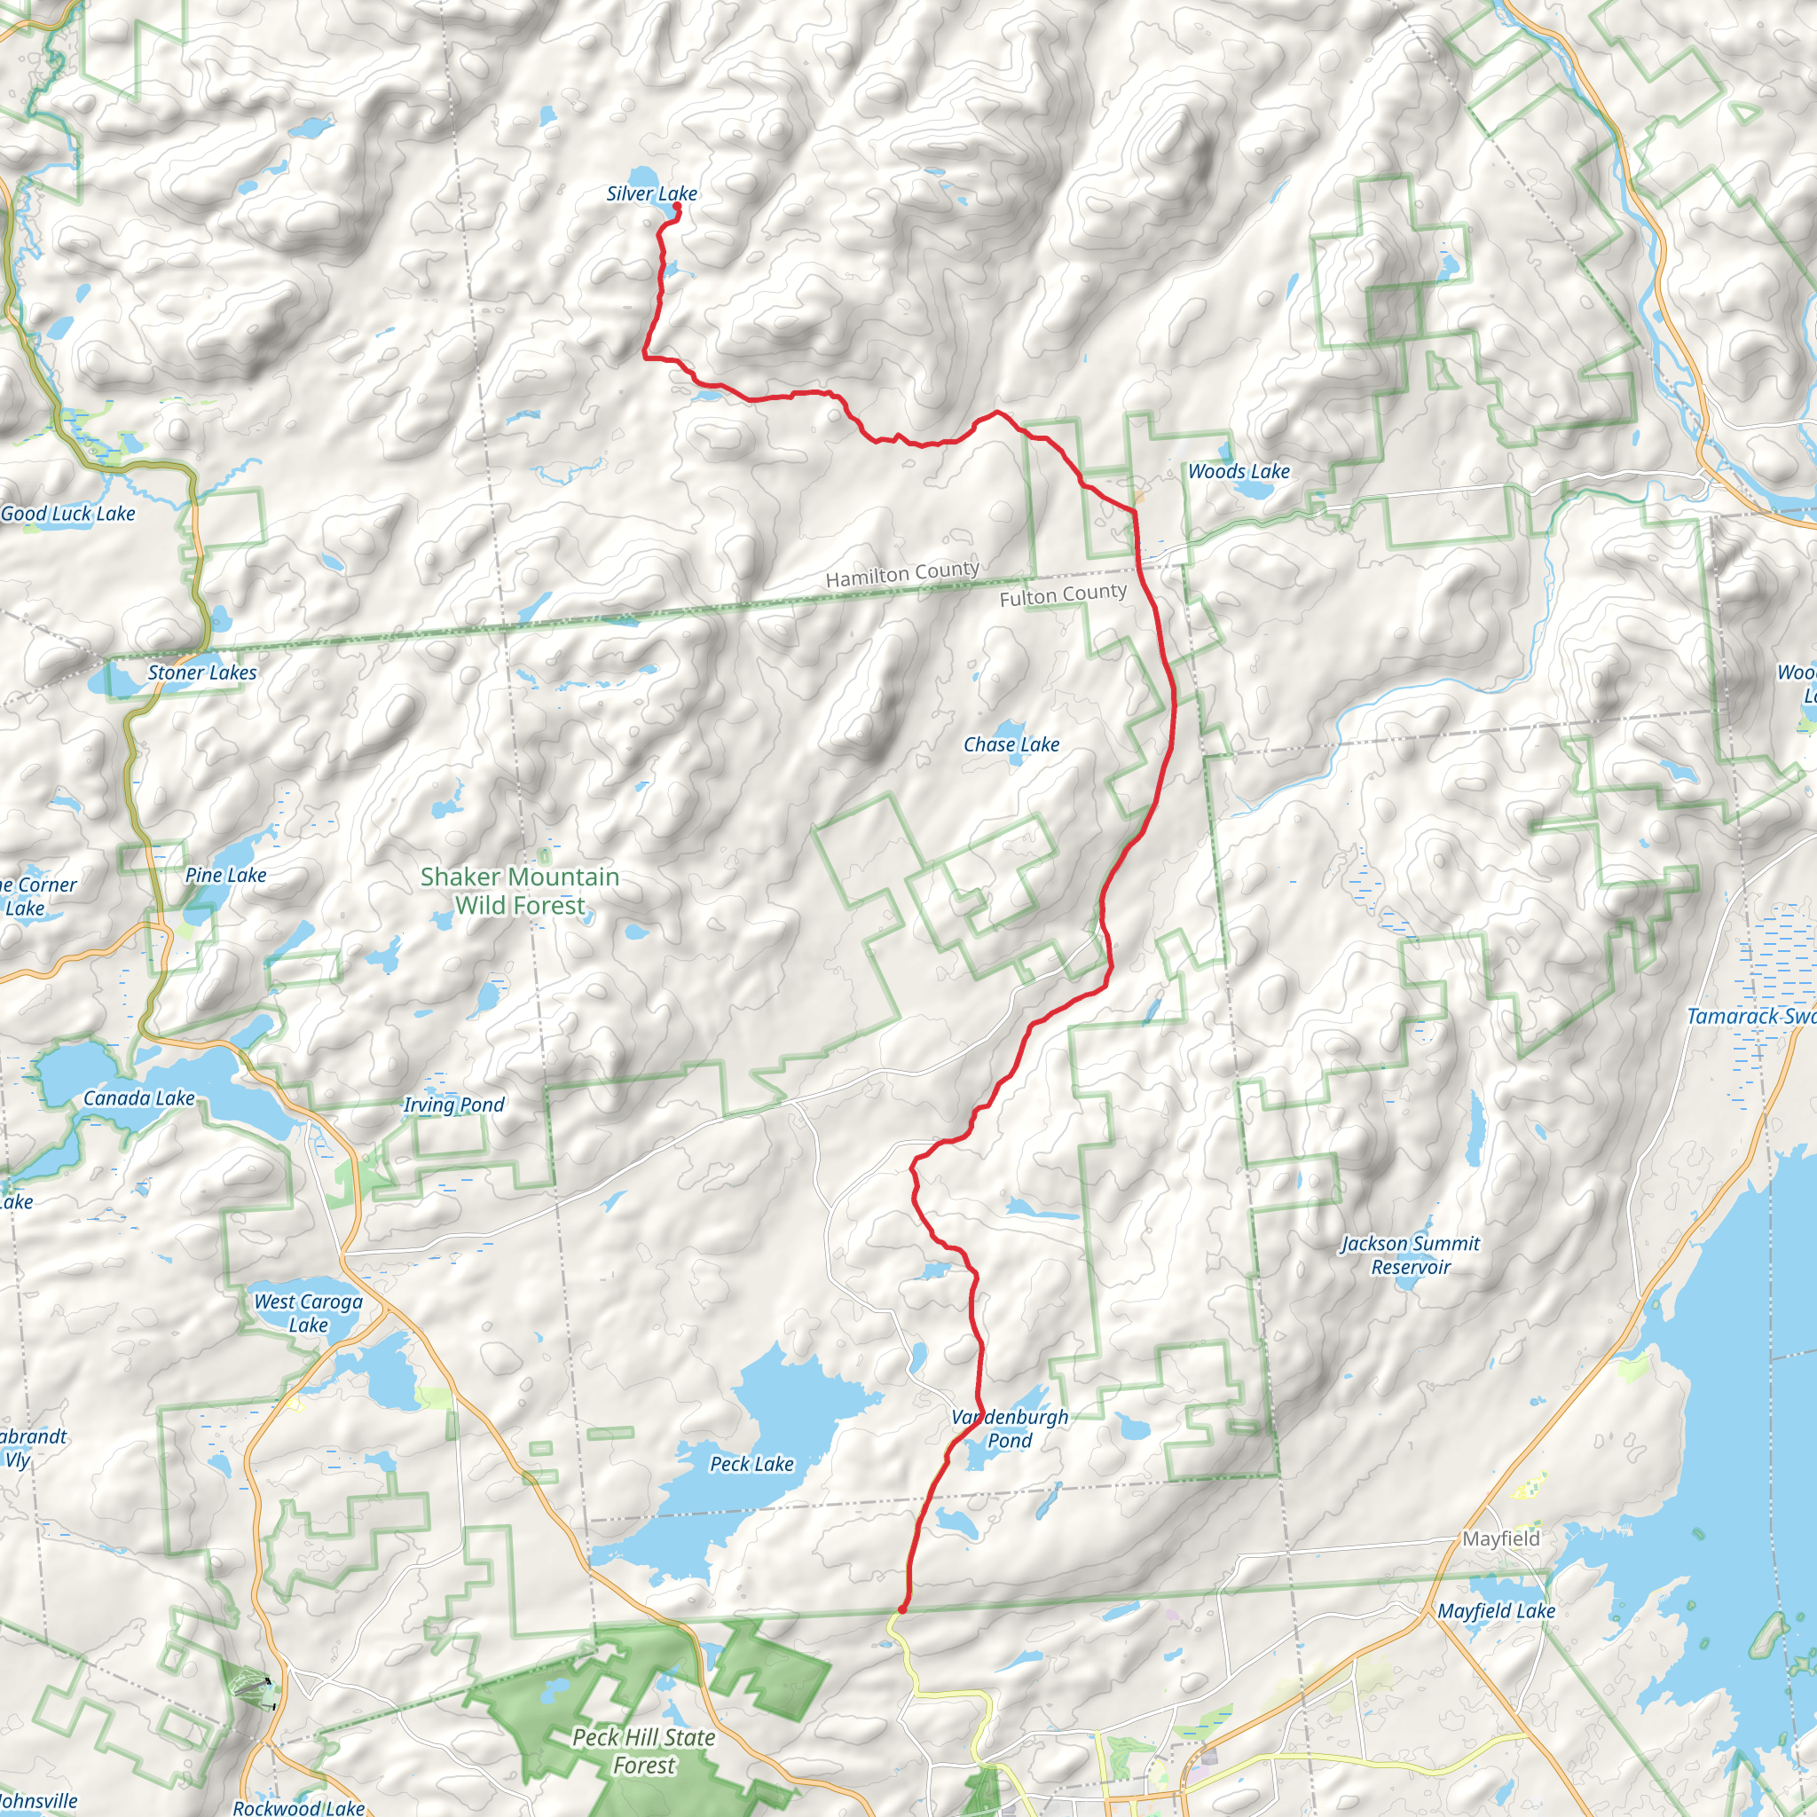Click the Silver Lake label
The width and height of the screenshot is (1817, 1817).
(x=651, y=193)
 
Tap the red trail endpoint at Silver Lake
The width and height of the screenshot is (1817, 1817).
(x=676, y=206)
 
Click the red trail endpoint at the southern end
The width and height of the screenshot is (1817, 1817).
(x=902, y=1610)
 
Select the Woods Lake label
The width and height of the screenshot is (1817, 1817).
(x=1239, y=471)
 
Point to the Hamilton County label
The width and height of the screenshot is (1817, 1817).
(x=902, y=574)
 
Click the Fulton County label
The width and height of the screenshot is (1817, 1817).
(x=1063, y=595)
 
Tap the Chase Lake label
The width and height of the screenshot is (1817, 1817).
(x=1011, y=745)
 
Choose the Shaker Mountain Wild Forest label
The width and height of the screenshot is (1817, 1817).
(x=519, y=891)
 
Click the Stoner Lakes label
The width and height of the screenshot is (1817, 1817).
(x=202, y=673)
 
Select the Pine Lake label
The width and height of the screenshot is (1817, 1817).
(x=225, y=875)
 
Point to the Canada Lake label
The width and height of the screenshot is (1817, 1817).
(x=139, y=1097)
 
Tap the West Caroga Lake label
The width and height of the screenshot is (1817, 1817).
(x=309, y=1313)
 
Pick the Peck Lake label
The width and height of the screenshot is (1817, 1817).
(x=751, y=1463)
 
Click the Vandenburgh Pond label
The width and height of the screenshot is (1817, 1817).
(x=1010, y=1428)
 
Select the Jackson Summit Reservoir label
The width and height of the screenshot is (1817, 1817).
(x=1410, y=1255)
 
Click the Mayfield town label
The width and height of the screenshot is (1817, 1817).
(x=1501, y=1538)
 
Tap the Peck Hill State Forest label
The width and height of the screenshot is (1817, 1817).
(x=643, y=1751)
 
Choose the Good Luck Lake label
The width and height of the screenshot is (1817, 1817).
(x=67, y=514)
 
